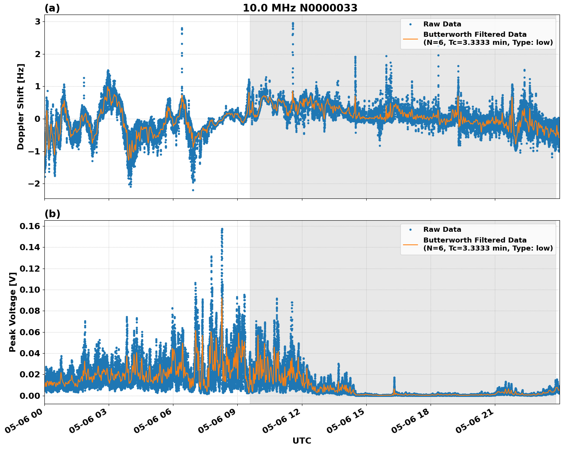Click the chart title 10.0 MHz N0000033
tap(300, 8)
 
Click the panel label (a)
tap(52, 8)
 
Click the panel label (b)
tap(52, 214)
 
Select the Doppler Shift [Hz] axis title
tap(21, 107)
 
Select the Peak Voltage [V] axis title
tap(13, 312)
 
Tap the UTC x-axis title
tap(302, 441)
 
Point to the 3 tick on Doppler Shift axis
tap(38, 21)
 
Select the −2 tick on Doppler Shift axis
tap(34, 184)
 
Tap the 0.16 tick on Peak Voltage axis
tap(30, 226)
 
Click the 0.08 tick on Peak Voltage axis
tap(30, 311)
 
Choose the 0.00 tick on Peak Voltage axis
tap(30, 395)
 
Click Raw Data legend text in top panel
tap(442, 24)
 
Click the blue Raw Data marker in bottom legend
tap(410, 229)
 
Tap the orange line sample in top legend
tap(410, 38)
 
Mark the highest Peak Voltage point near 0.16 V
tap(222, 229)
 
